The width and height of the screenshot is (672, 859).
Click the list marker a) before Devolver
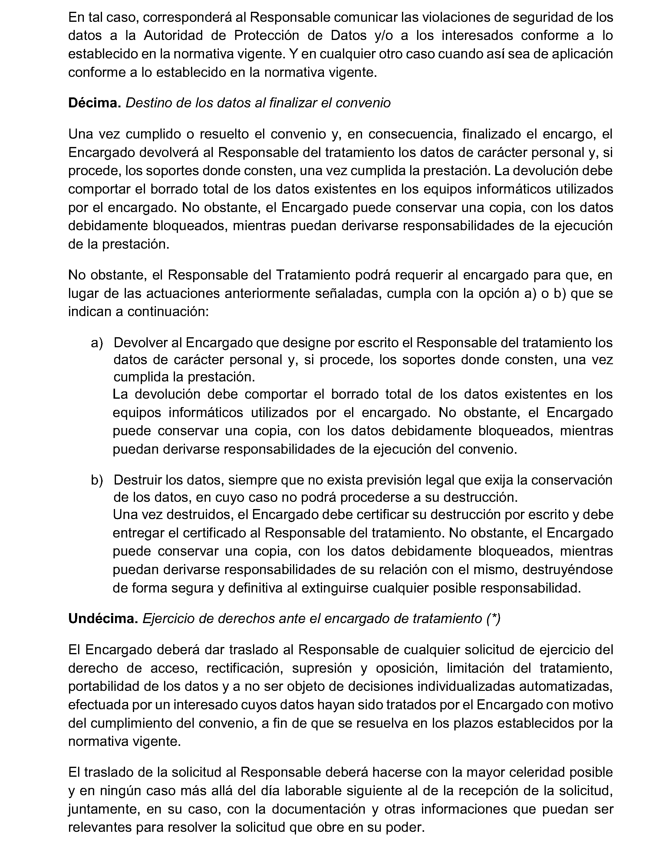tap(97, 343)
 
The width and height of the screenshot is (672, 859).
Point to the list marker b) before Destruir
tap(97, 480)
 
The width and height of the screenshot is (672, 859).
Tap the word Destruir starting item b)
tap(137, 480)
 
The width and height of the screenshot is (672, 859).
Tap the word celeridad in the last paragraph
tap(538, 772)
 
